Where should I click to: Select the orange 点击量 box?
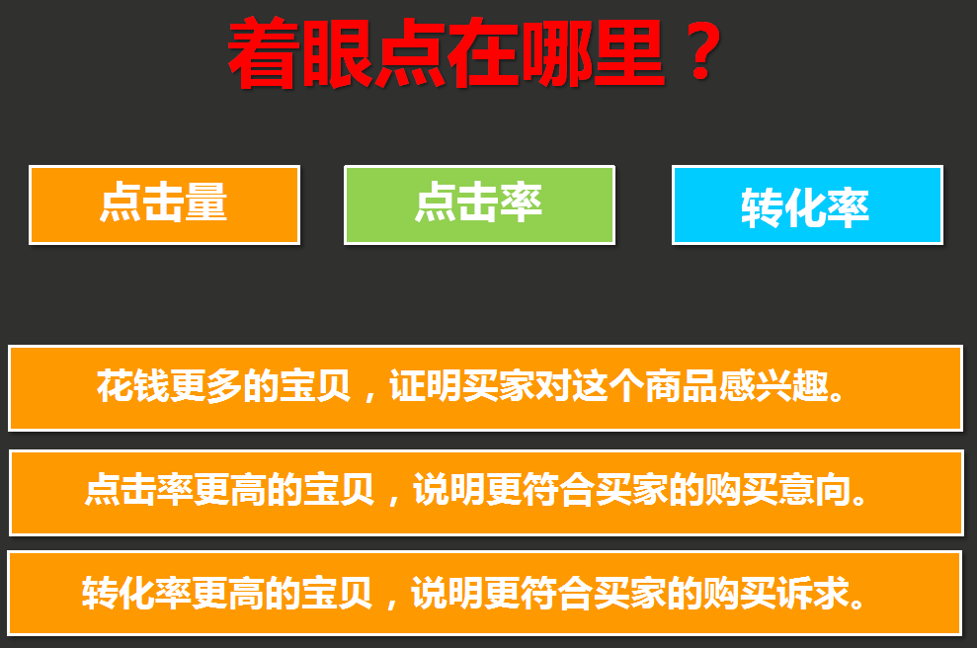[x=165, y=205]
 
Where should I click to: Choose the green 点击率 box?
[x=479, y=205]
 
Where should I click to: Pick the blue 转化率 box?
[x=807, y=205]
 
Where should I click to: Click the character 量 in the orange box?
[x=206, y=202]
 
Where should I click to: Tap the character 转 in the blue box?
[x=762, y=208]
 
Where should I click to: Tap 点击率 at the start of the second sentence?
[x=139, y=490]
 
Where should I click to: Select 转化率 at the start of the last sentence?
[x=137, y=593]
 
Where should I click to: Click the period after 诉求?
[x=857, y=603]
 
